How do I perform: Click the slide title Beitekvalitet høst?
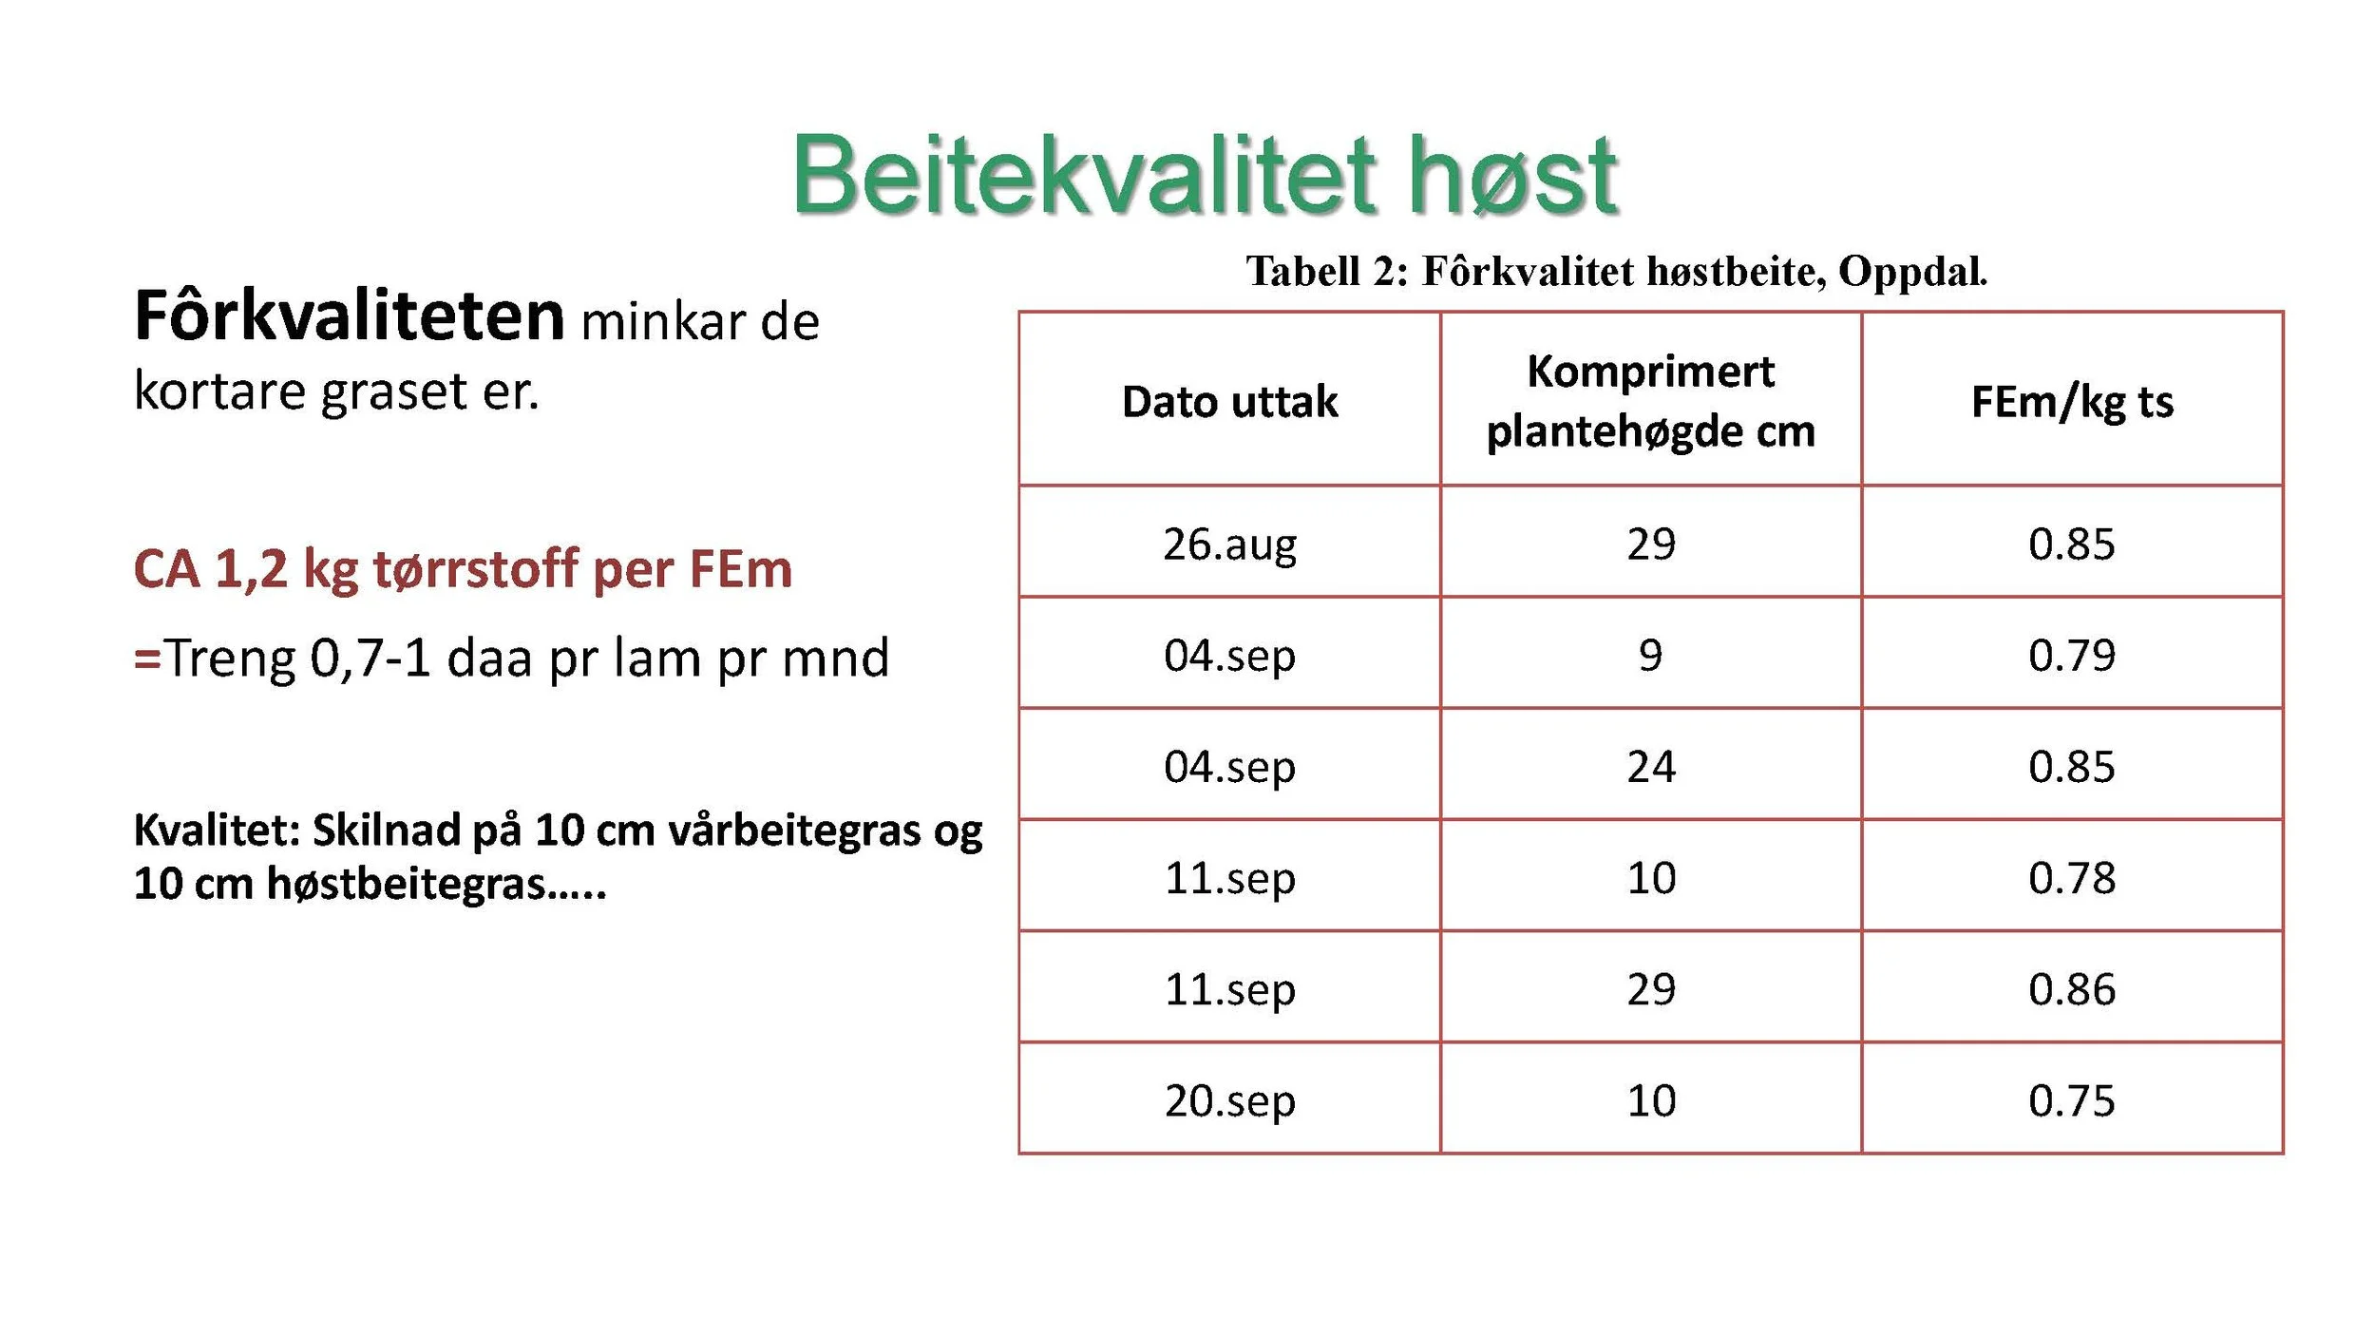(1205, 176)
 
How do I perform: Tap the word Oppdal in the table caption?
(1911, 272)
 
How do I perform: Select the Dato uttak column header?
(1229, 402)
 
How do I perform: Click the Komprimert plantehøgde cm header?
(1650, 402)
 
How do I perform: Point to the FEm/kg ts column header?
(2072, 402)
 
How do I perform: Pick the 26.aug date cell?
(1229, 544)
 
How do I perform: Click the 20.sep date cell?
(1229, 1101)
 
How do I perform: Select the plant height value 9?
(1650, 656)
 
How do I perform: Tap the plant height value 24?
(1650, 767)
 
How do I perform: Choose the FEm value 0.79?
(2072, 656)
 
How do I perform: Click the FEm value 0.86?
(2072, 990)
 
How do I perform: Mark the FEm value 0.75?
(2072, 1101)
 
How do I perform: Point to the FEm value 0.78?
(2072, 878)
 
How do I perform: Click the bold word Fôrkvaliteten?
(350, 316)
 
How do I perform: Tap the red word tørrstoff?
(475, 569)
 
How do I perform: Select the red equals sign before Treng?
(147, 658)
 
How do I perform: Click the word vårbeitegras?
(794, 831)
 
